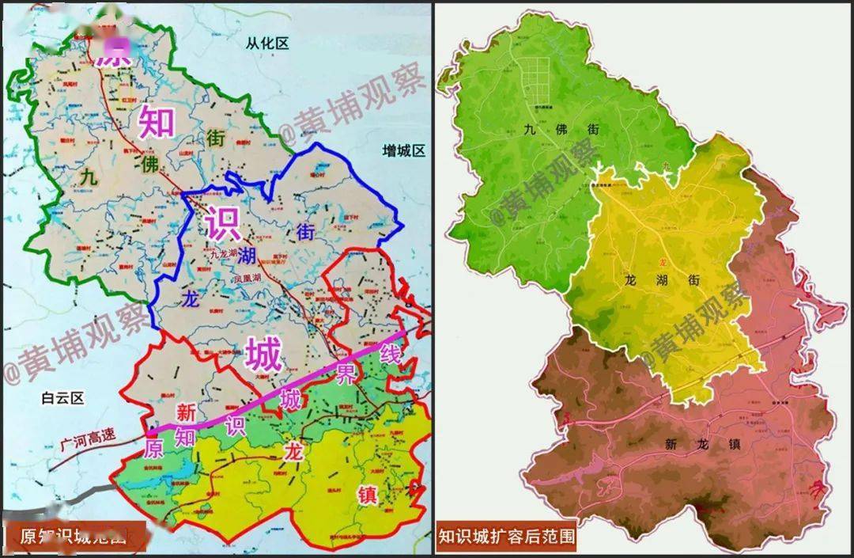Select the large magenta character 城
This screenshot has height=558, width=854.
click(x=263, y=355)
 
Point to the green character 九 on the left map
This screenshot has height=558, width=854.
click(x=86, y=180)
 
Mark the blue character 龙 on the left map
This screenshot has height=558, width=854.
click(x=191, y=299)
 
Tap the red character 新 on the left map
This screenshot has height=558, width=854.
click(x=186, y=412)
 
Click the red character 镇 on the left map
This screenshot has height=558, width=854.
click(x=368, y=495)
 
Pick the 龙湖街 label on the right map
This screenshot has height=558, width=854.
click(x=663, y=280)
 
